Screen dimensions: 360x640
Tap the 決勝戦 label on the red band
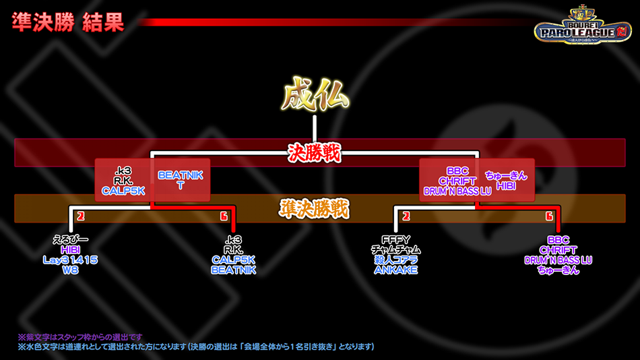(x=315, y=153)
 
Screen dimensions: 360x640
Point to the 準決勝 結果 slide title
(x=67, y=22)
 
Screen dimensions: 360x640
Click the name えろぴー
(x=70, y=240)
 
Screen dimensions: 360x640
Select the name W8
(x=70, y=270)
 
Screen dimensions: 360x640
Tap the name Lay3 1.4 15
(x=70, y=260)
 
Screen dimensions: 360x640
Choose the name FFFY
(x=395, y=240)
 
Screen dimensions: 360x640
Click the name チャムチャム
(x=395, y=250)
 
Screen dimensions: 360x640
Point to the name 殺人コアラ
(x=395, y=260)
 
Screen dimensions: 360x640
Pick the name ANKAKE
(x=395, y=270)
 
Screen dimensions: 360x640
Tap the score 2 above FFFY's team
(x=406, y=216)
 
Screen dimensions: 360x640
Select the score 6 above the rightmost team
(x=549, y=216)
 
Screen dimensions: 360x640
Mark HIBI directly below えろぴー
(x=70, y=250)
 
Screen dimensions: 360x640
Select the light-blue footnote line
(x=195, y=347)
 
